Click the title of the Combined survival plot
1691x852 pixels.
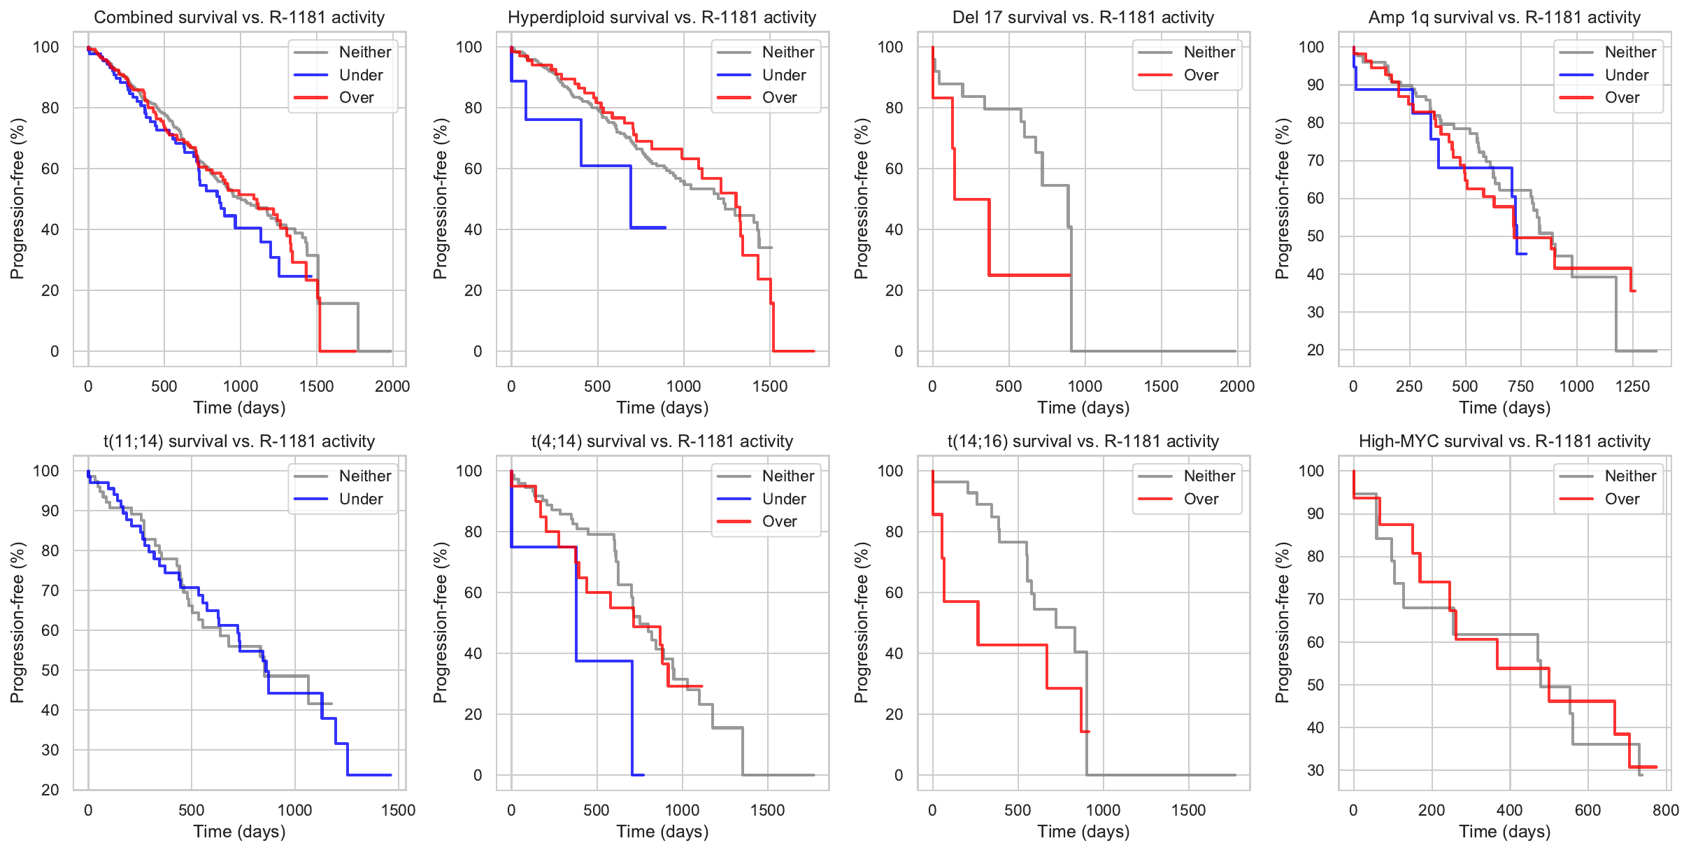tap(239, 17)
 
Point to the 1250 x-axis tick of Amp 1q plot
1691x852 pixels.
tap(1632, 386)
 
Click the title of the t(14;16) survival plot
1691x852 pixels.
tap(1083, 441)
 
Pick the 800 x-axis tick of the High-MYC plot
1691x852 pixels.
tap(1665, 810)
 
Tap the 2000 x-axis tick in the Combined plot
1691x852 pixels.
tap(392, 386)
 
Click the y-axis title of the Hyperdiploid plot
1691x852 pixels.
tap(440, 199)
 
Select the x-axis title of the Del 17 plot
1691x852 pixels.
tap(1083, 408)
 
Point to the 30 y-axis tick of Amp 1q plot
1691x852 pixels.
tap(1315, 312)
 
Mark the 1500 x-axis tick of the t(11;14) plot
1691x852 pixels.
tap(398, 810)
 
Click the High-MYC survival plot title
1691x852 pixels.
tap(1504, 441)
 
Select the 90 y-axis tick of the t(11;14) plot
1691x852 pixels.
tap(50, 511)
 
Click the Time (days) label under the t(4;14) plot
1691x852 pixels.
tap(662, 832)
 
